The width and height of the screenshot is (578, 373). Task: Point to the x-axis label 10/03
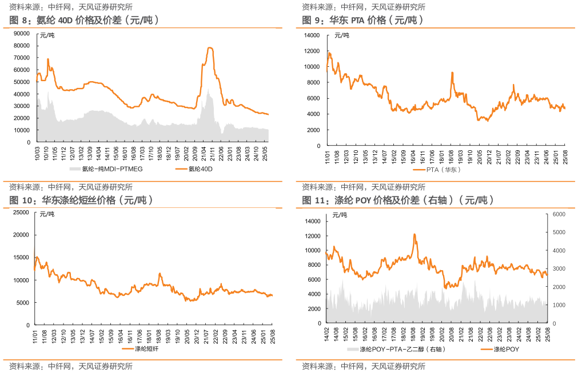click(38, 154)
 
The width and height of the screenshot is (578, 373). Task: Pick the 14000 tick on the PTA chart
click(312, 35)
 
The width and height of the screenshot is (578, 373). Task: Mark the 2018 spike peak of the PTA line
click(452, 73)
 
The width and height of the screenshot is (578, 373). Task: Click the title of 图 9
click(362, 20)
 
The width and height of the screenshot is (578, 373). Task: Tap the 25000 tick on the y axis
click(22, 212)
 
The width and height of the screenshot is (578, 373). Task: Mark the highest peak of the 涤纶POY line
click(414, 234)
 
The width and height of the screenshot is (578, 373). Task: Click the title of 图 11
click(397, 200)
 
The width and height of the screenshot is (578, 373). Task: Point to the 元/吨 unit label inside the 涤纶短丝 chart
click(46, 214)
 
